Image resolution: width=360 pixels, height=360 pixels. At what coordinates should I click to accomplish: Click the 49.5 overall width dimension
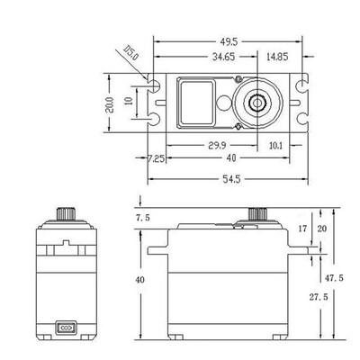(x=229, y=42)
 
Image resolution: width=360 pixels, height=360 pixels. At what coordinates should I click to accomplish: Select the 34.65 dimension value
(x=223, y=57)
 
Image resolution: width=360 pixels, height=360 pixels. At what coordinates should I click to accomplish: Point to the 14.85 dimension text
(x=277, y=57)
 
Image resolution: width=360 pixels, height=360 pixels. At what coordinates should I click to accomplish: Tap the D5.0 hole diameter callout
(x=131, y=53)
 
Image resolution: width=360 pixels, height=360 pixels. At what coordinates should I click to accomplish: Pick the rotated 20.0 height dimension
(x=110, y=104)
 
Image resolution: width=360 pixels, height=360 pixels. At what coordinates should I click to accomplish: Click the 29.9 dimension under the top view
(x=217, y=146)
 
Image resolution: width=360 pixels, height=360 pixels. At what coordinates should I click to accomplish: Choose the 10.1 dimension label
(x=275, y=146)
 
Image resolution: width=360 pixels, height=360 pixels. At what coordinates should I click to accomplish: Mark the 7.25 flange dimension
(x=156, y=158)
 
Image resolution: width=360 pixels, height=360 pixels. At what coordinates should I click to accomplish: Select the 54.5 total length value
(x=231, y=179)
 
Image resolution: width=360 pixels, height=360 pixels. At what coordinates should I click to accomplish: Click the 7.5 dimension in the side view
(x=143, y=218)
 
